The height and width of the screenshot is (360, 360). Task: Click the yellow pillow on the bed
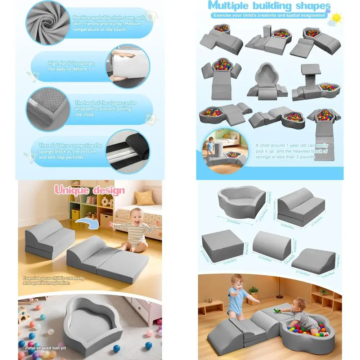point(145,198)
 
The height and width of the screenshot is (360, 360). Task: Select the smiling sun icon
point(336,18)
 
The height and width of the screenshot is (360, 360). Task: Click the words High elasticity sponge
point(71,63)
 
